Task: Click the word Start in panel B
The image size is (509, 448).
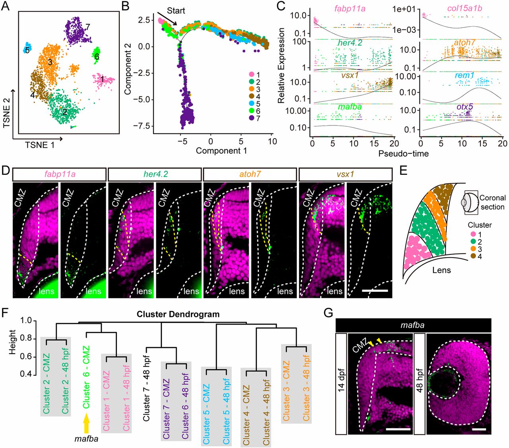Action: pyautogui.click(x=176, y=10)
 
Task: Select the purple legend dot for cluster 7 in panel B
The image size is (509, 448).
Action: pyautogui.click(x=251, y=118)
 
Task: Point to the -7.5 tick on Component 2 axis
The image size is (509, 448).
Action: pyautogui.click(x=142, y=126)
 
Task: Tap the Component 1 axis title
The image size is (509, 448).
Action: pyautogui.click(x=221, y=151)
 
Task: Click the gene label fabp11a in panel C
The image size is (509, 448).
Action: pyautogui.click(x=350, y=9)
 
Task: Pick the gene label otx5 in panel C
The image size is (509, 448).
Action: pyautogui.click(x=464, y=107)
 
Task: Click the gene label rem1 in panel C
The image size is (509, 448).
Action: pyautogui.click(x=465, y=75)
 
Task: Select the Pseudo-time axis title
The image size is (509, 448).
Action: pyautogui.click(x=403, y=153)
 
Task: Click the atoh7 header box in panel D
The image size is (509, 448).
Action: pyautogui.click(x=250, y=174)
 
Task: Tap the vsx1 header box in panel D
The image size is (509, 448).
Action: pyautogui.click(x=345, y=174)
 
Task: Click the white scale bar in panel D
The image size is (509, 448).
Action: pyautogui.click(x=375, y=291)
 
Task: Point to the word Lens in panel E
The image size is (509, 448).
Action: pyautogui.click(x=441, y=270)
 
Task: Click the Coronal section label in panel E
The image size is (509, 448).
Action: pyautogui.click(x=492, y=202)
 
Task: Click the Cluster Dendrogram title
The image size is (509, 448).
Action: pyautogui.click(x=178, y=314)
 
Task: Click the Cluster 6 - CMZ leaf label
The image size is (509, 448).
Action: pyautogui.click(x=86, y=377)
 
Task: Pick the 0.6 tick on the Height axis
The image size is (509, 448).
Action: pyautogui.click(x=26, y=356)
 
